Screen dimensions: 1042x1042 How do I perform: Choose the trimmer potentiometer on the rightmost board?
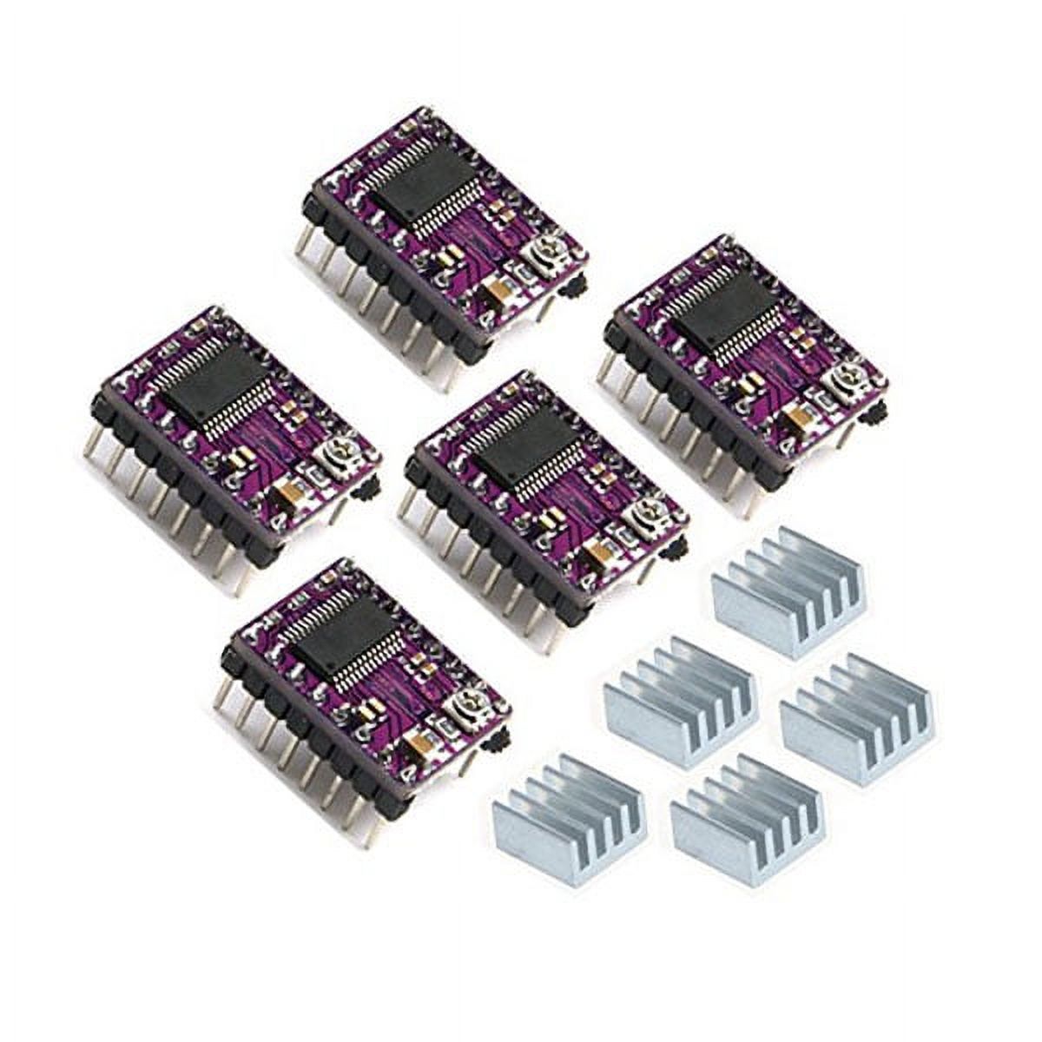840,376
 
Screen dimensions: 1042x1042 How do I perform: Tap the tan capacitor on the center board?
599,553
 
